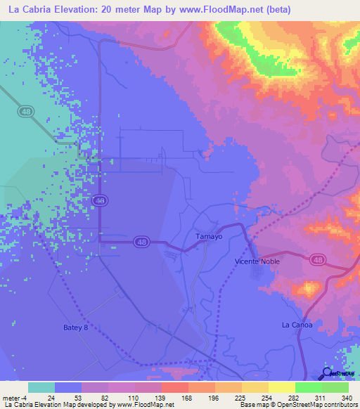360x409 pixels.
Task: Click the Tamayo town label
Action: [209, 237]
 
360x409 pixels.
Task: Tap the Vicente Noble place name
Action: [257, 261]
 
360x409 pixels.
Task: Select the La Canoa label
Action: [295, 325]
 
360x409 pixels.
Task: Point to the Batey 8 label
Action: [76, 327]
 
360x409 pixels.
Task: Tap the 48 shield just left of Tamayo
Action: [141, 242]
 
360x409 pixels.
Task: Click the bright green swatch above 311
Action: [308, 387]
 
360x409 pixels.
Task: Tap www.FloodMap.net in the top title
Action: [217, 10]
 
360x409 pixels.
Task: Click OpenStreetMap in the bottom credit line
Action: [293, 405]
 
